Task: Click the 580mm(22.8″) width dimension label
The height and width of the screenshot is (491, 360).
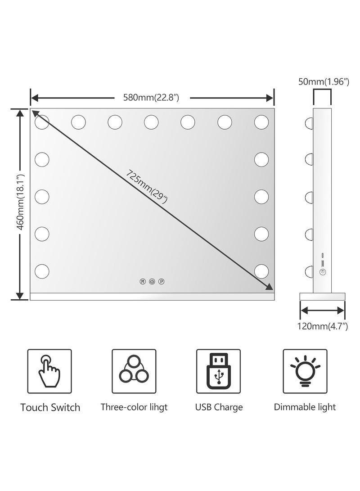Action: pos(151,98)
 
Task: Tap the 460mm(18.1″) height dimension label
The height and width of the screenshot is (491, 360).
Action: pos(20,202)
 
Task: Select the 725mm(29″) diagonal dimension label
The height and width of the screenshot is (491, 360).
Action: pos(147,187)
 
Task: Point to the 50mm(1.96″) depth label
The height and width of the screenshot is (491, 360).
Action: pos(324,82)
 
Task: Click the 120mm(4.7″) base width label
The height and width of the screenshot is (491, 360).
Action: pos(323,326)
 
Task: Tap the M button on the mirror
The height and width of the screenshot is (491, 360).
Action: pos(143,282)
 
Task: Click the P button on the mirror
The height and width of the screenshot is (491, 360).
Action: pos(161,282)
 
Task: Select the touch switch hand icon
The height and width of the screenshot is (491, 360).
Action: pos(49,371)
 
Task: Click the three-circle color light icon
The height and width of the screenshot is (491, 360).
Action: pos(134,369)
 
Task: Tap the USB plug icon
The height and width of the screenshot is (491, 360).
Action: pos(219,371)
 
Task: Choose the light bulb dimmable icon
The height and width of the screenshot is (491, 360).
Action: pos(305,371)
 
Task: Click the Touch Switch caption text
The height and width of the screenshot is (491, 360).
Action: pos(50,407)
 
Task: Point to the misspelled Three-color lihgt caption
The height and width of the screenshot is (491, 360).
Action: pos(134,407)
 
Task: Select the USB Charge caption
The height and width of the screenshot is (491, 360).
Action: pos(219,407)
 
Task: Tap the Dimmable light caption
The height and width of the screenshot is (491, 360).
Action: pos(305,407)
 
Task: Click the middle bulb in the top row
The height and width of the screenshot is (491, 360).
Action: pos(152,122)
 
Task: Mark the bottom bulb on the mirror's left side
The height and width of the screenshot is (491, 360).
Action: pos(42,271)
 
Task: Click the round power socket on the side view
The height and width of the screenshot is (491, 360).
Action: pos(323,272)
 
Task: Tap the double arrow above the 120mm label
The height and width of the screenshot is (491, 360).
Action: pos(323,311)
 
